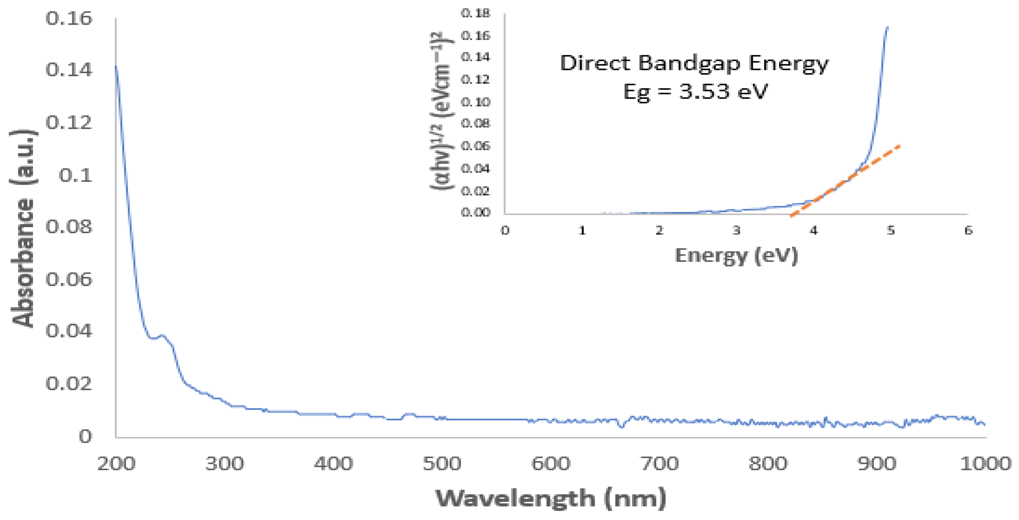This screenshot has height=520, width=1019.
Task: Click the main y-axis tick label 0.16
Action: click(68, 18)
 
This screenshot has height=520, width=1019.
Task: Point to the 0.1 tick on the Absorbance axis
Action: click(75, 175)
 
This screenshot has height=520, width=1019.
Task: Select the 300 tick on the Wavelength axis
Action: click(224, 464)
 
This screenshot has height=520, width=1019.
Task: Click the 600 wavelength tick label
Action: click(551, 464)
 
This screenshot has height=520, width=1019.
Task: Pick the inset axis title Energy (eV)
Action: click(736, 255)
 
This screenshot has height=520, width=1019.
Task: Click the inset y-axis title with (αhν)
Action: click(442, 111)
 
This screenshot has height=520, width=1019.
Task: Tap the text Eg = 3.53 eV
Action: click(695, 91)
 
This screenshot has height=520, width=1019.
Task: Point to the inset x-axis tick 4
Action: click(814, 230)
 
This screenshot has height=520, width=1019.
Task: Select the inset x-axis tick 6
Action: click(968, 230)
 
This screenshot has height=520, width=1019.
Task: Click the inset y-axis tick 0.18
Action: click(475, 14)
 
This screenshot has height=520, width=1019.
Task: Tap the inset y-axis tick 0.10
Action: click(475, 102)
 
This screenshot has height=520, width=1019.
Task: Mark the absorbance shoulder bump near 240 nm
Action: click(162, 336)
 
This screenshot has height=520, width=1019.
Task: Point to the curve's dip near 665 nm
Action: click(622, 427)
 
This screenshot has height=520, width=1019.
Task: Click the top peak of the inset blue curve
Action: click(888, 27)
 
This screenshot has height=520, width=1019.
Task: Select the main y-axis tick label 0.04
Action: click(68, 331)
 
